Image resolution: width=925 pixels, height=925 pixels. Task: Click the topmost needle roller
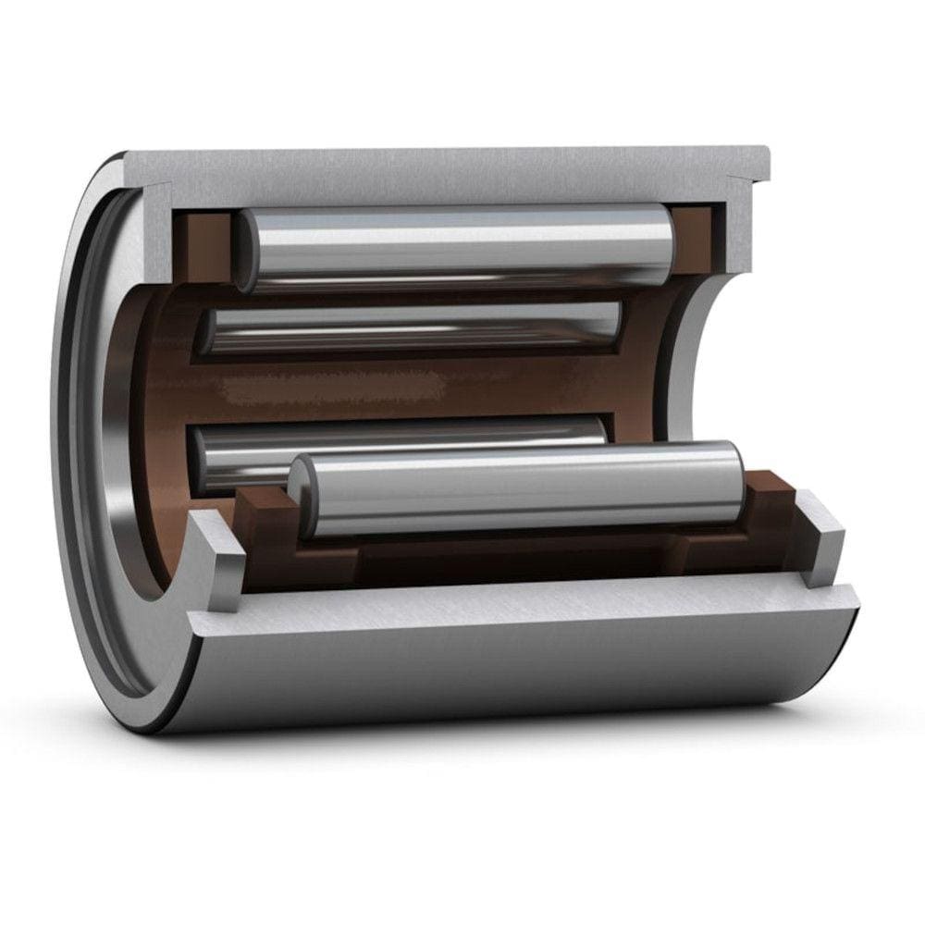point(453,245)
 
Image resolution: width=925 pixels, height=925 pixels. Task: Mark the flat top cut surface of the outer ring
point(444,165)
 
